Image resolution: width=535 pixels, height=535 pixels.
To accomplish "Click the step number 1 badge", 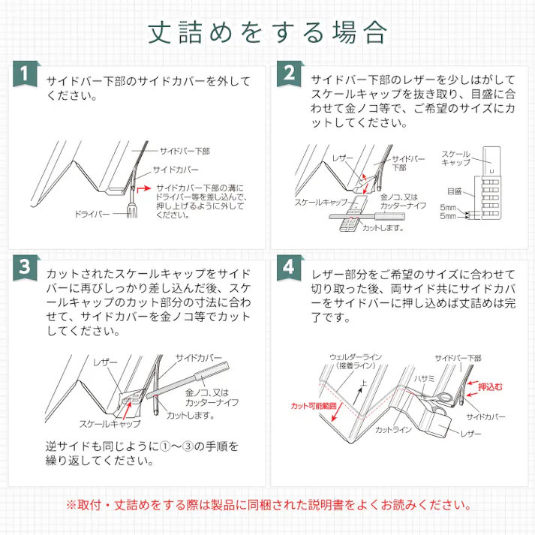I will coord(26,75).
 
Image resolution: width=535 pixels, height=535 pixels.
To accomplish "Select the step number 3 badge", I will coord(26,268).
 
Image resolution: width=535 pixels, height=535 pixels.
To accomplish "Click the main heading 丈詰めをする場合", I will coord(267,32).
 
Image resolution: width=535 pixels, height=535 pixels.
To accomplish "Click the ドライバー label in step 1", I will coord(92,215).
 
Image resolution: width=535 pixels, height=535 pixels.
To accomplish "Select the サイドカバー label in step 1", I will coord(176,170).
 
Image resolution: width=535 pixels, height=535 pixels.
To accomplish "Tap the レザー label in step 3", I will coord(105,362).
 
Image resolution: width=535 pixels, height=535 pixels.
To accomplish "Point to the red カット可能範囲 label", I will coord(315,405).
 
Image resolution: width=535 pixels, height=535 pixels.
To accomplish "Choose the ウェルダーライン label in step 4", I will coord(353,357).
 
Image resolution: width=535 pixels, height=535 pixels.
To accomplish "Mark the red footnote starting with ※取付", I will coord(267,505).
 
